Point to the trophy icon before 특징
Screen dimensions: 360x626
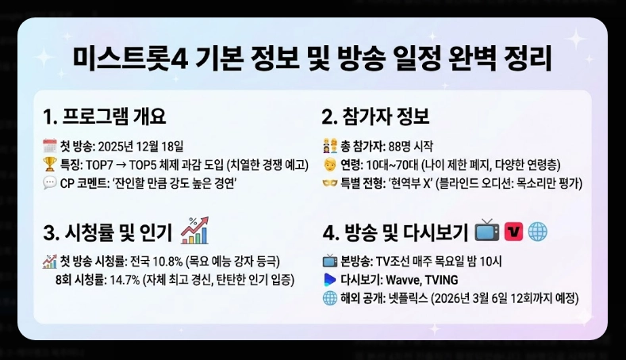click(x=49, y=165)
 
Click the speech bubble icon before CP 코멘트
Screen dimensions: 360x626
click(x=49, y=184)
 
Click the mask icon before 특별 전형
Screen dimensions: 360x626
click(x=329, y=184)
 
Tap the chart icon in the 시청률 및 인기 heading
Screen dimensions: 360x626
click(x=194, y=232)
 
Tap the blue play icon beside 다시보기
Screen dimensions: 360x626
click(x=329, y=279)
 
